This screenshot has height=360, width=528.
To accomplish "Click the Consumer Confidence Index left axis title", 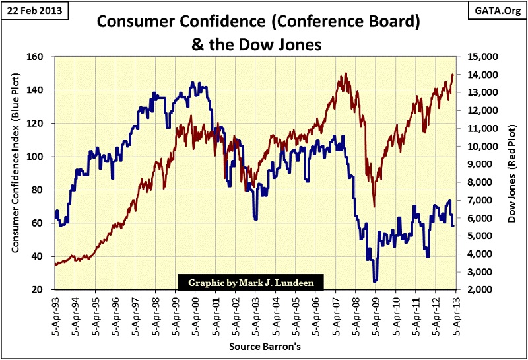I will tap(15, 173).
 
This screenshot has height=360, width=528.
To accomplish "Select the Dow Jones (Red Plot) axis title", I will tap(513, 173).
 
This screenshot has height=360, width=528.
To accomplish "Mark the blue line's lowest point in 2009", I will tap(375, 281).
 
